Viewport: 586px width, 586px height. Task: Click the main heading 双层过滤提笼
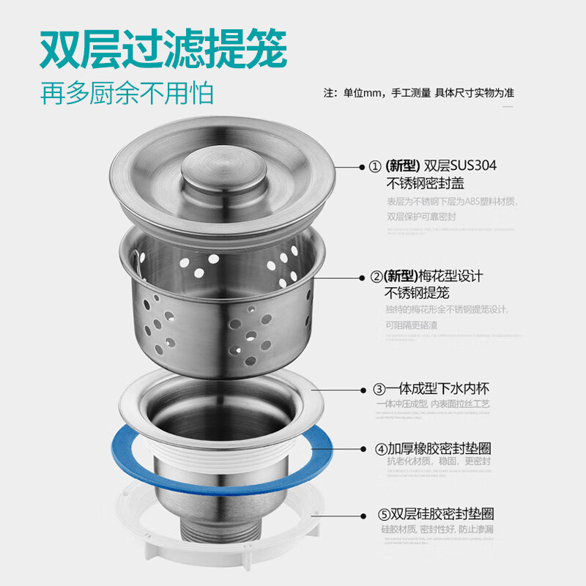(x=163, y=49)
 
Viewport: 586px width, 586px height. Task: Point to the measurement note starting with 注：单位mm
(x=418, y=94)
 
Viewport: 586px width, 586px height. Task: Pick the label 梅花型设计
(x=450, y=277)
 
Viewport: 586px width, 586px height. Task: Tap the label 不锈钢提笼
(x=415, y=294)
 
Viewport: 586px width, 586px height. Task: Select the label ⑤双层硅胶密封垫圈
(x=432, y=513)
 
